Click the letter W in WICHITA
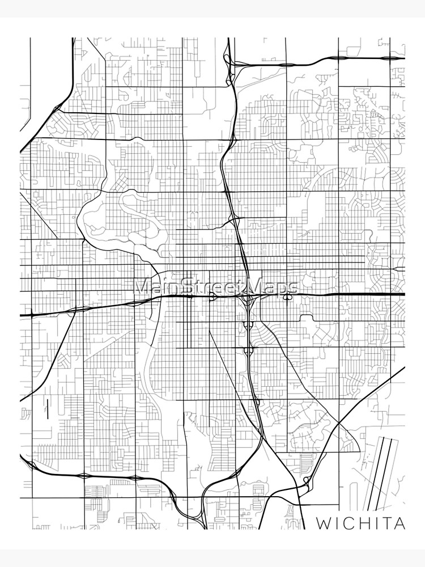tap(324, 523)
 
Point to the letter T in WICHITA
tap(389, 523)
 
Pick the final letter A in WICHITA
tap(401, 523)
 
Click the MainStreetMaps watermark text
tap(215, 286)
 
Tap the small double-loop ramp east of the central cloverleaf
tap(288, 294)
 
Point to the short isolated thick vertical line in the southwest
tap(48, 409)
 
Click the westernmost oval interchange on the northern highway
tap(286, 64)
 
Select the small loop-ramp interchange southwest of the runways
tap(306, 481)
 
